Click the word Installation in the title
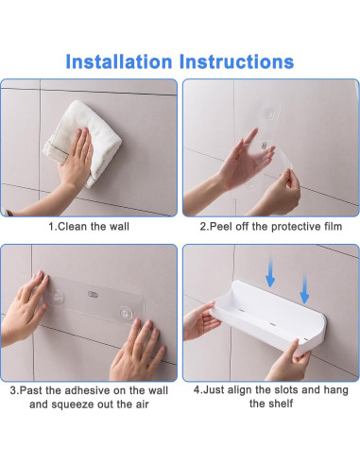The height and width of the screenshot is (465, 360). tap(119, 61)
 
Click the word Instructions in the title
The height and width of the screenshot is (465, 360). tap(236, 61)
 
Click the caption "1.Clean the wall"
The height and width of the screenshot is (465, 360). tap(89, 227)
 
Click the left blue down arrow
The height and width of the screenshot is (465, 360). tap(270, 271)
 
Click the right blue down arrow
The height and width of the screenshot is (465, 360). tap(304, 288)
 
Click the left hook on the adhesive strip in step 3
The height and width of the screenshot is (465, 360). tap(59, 297)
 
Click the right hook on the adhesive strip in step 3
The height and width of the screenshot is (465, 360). tap(126, 314)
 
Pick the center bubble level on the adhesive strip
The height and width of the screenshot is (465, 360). tap(93, 294)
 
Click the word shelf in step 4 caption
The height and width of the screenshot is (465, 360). tap(280, 404)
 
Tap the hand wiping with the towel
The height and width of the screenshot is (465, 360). tap(75, 158)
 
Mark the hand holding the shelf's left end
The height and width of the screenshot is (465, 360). tap(201, 321)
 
